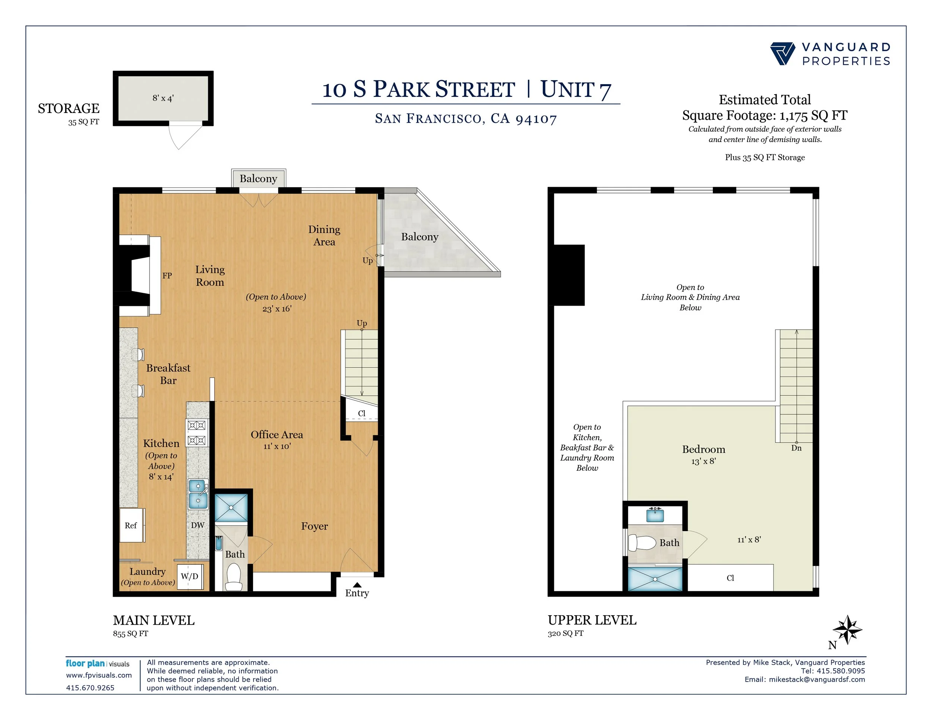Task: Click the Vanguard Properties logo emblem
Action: click(783, 54)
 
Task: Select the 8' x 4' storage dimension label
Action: click(163, 98)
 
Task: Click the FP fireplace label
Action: click(167, 275)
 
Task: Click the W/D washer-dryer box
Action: click(189, 576)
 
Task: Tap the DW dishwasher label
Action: click(198, 525)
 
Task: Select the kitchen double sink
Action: click(198, 494)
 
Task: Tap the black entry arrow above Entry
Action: click(357, 585)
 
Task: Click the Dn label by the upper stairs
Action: click(796, 448)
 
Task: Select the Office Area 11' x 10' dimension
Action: click(277, 446)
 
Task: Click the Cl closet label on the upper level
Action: click(730, 578)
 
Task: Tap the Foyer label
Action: click(315, 526)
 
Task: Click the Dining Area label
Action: click(324, 236)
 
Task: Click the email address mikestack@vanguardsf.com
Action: click(817, 679)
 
